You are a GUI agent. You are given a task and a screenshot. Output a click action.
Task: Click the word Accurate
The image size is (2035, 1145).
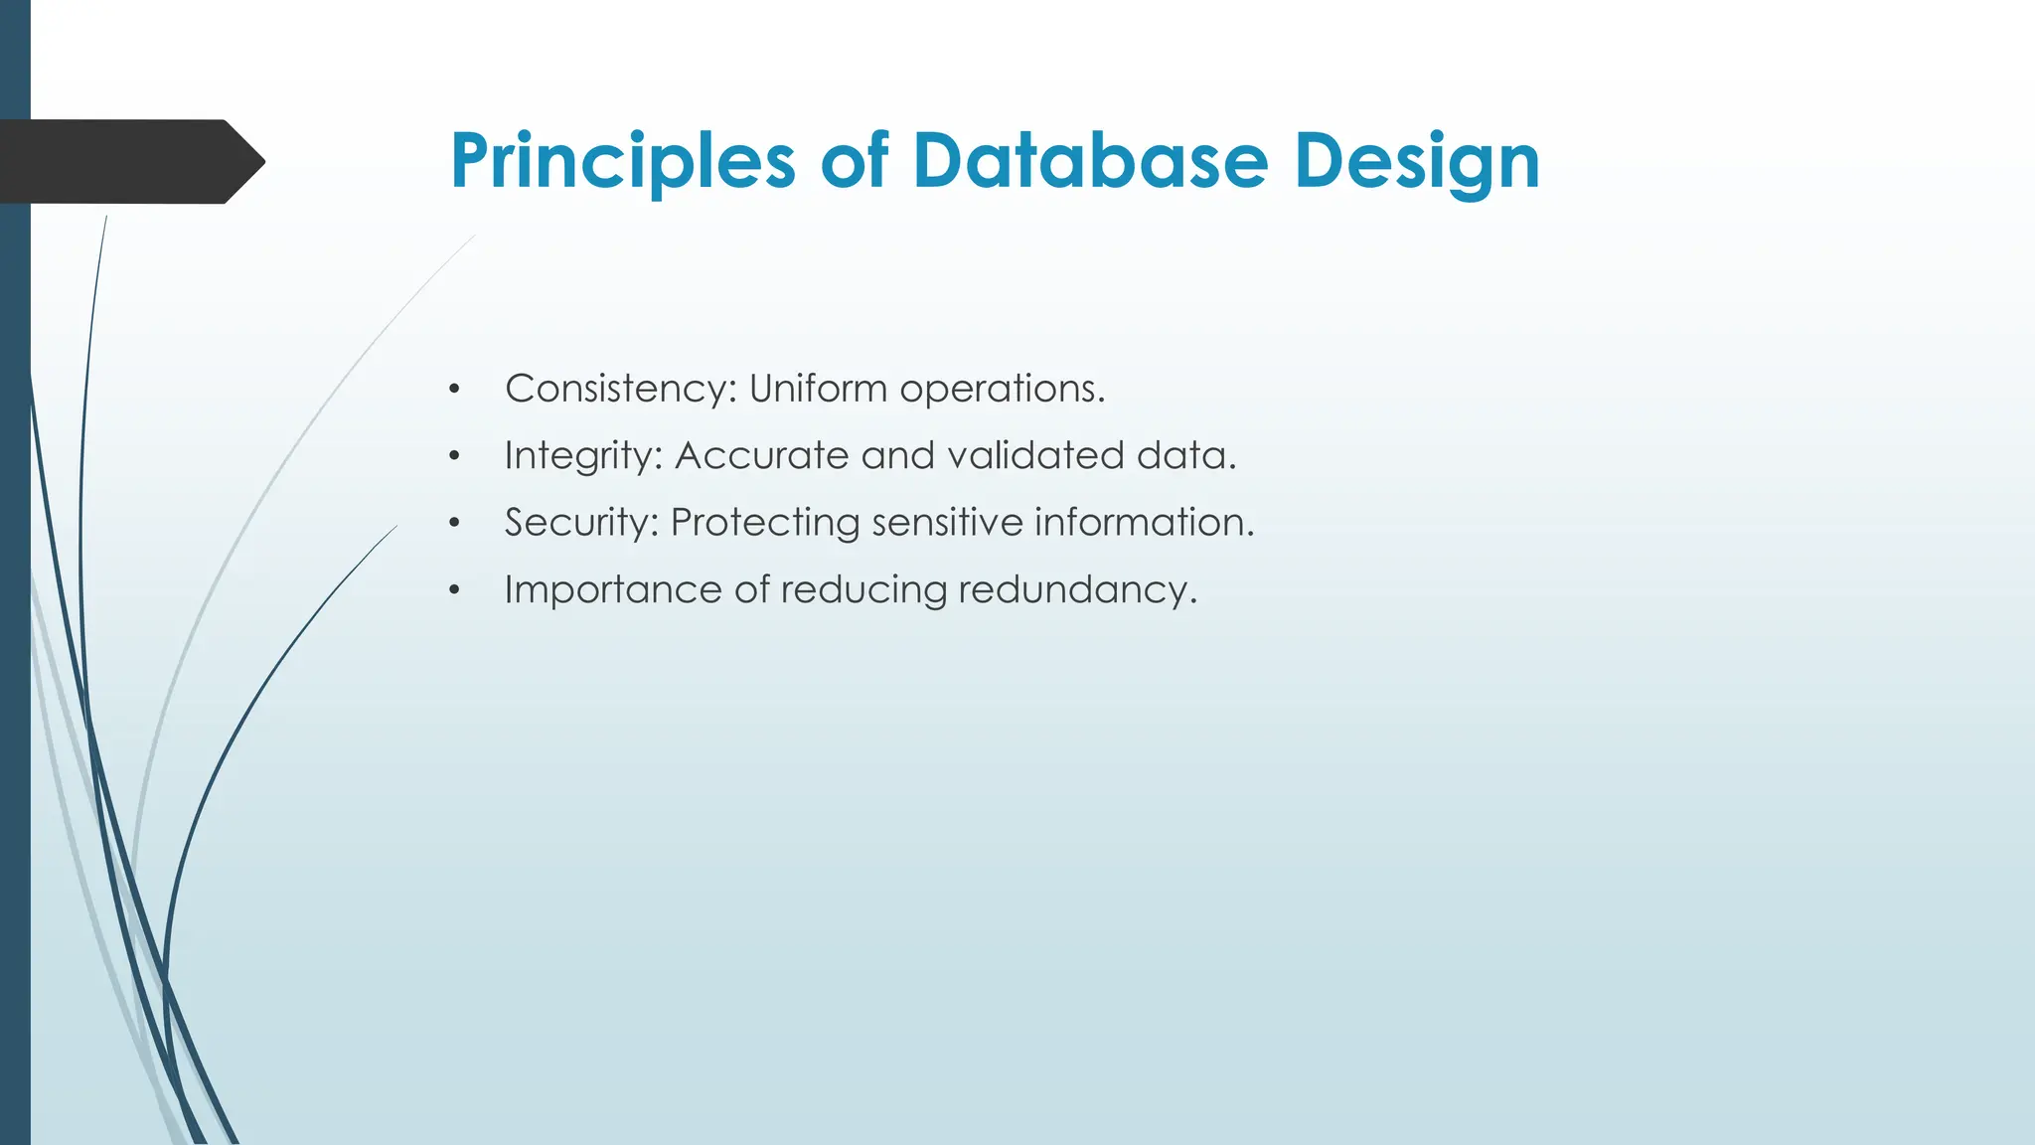pyautogui.click(x=762, y=456)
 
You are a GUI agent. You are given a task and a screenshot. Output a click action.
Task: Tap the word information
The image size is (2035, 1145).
pyautogui.click(x=1144, y=523)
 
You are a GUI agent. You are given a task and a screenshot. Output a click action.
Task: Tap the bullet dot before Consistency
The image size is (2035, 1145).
pyautogui.click(x=454, y=390)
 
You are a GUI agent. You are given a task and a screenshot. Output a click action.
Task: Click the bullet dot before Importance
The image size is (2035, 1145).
pyautogui.click(x=454, y=591)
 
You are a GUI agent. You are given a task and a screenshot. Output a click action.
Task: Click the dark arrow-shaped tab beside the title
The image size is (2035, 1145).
pyautogui.click(x=129, y=161)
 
